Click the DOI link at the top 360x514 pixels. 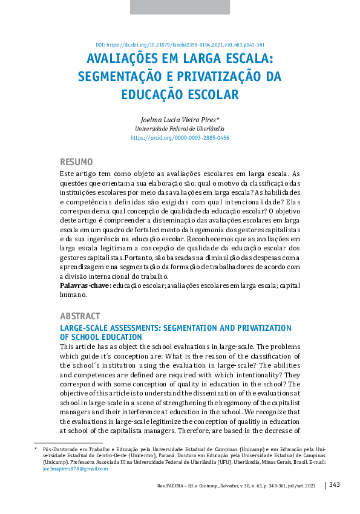(180, 45)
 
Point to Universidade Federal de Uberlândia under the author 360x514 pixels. (180, 129)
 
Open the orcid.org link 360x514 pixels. (180, 138)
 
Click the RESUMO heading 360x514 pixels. (76, 162)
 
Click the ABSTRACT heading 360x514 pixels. (80, 316)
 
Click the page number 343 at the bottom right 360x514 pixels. (335, 485)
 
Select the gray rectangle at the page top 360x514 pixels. (180, 7)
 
